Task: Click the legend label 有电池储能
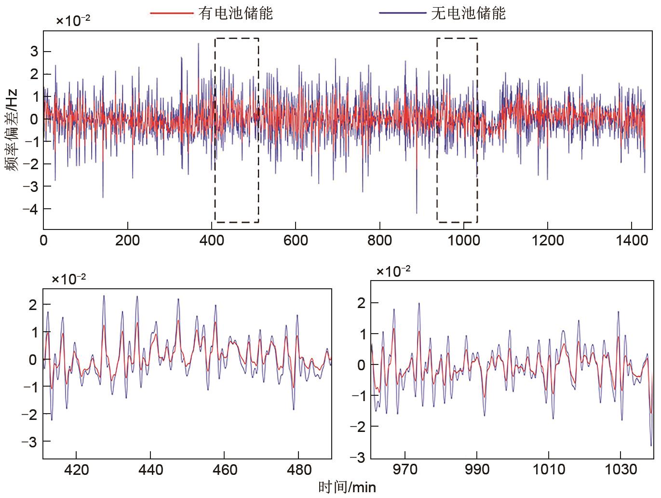pyautogui.click(x=235, y=13)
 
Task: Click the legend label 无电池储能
pyautogui.click(x=468, y=13)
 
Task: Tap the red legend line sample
pyautogui.click(x=172, y=13)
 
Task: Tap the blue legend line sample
pyautogui.click(x=403, y=13)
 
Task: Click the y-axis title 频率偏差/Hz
pyautogui.click(x=13, y=130)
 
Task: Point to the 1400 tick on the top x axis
pyautogui.click(x=632, y=240)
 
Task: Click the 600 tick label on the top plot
pyautogui.click(x=296, y=240)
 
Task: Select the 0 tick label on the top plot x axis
pyautogui.click(x=43, y=240)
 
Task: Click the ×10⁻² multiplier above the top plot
pyautogui.click(x=73, y=21)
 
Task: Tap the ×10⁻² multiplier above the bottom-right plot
pyautogui.click(x=393, y=271)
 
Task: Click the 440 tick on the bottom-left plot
pyautogui.click(x=150, y=470)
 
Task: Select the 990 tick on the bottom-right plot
pyautogui.click(x=476, y=470)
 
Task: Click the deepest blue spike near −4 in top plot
pyautogui.click(x=417, y=212)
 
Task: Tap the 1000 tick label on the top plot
pyautogui.click(x=463, y=240)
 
